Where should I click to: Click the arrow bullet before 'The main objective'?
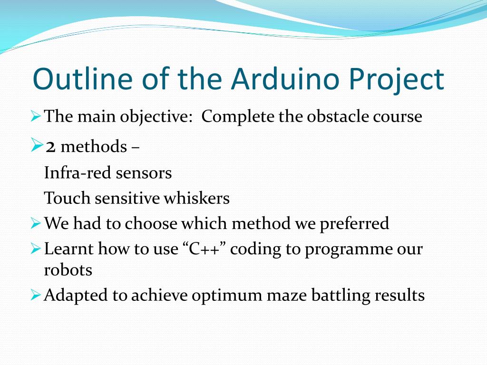click(x=36, y=116)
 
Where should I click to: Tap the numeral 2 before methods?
click(x=51, y=147)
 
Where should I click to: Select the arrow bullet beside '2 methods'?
click(x=37, y=145)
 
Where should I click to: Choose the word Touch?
click(x=67, y=198)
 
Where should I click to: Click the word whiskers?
click(x=196, y=198)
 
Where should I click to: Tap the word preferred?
click(x=354, y=224)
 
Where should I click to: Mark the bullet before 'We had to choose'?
click(x=36, y=223)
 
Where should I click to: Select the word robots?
click(x=68, y=270)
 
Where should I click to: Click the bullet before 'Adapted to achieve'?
click(x=36, y=295)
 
